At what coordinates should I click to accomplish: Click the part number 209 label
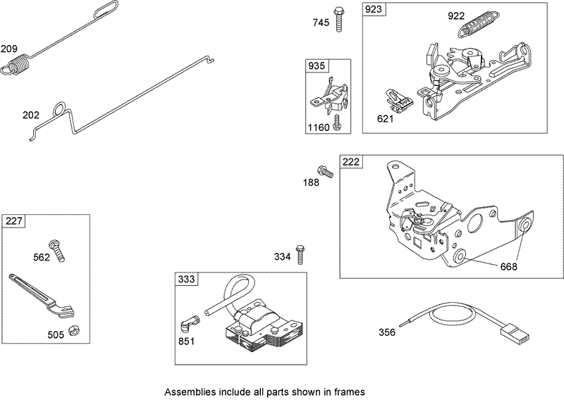10,49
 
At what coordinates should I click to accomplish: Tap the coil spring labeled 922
477,28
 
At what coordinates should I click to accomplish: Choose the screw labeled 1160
338,123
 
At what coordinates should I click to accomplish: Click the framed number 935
316,65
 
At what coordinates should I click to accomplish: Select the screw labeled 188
325,170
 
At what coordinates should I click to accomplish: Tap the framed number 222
350,162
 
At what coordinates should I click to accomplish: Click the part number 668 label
508,267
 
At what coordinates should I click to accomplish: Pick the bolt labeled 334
301,253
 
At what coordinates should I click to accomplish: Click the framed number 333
185,280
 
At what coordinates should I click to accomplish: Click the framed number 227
13,221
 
